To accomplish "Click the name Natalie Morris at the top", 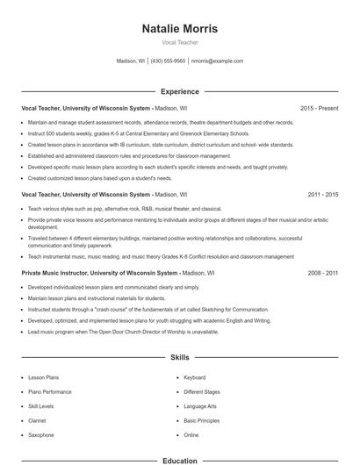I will click(x=179, y=29).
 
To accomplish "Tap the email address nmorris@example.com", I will click(x=217, y=61).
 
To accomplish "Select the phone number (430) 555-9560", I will click(x=168, y=61).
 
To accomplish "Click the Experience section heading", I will click(x=179, y=91).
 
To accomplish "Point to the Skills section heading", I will click(x=179, y=359).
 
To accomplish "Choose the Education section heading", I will click(x=179, y=460).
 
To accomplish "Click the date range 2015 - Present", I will click(x=319, y=108).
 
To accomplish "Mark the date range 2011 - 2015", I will click(x=322, y=194).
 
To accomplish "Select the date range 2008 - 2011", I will click(x=322, y=274).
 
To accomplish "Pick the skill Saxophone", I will click(x=41, y=434).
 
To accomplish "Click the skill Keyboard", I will click(x=194, y=377).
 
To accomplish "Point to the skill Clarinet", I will click(x=39, y=420).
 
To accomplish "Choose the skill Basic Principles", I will click(x=202, y=420).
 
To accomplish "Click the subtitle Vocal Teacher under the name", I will click(x=179, y=42).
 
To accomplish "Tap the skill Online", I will click(x=191, y=434).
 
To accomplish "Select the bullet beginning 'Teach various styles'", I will click(x=125, y=209).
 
